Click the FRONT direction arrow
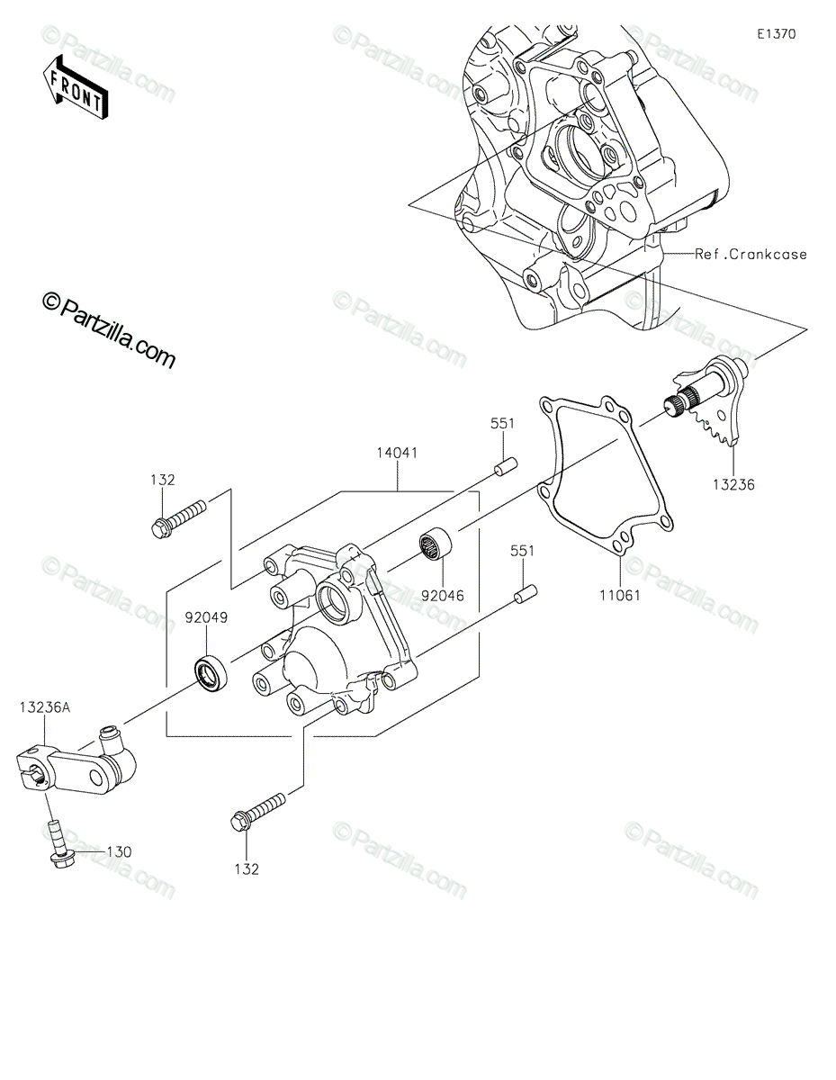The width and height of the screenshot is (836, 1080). (x=75, y=88)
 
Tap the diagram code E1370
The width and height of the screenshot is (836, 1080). (x=777, y=34)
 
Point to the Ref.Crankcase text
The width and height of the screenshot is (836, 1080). (x=751, y=255)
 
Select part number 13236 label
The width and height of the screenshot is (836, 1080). (x=733, y=484)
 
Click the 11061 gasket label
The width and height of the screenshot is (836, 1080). (x=620, y=595)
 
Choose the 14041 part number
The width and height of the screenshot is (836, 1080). (x=397, y=453)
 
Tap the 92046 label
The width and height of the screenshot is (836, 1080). (x=443, y=595)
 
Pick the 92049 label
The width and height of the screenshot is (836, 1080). (x=207, y=617)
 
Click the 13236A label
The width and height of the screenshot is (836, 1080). (x=45, y=707)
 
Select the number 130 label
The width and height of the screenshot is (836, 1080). (x=119, y=852)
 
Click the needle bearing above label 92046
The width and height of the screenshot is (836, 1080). (x=436, y=545)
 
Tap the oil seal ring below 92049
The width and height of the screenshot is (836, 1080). (x=211, y=673)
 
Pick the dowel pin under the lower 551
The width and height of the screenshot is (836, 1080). (x=526, y=594)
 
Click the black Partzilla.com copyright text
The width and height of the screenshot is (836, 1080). (x=109, y=329)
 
